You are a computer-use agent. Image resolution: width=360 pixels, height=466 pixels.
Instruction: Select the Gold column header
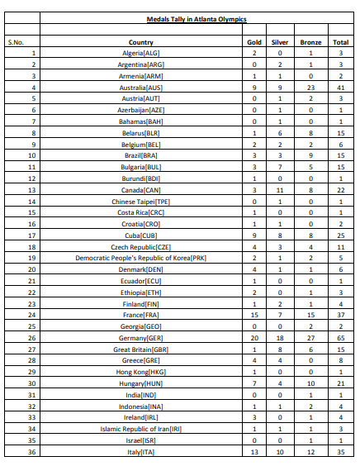pos(254,42)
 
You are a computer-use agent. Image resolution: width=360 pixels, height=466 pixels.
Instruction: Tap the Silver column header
pos(281,42)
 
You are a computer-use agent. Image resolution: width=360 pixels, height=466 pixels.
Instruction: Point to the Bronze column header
pos(310,42)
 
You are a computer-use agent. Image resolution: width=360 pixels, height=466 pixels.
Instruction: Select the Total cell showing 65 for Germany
pos(339,314)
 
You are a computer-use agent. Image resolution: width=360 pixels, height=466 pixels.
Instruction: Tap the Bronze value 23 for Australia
pos(310,85)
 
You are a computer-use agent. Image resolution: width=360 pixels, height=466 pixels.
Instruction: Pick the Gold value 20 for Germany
pos(254,314)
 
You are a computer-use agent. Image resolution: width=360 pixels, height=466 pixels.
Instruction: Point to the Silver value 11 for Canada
pos(281,189)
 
